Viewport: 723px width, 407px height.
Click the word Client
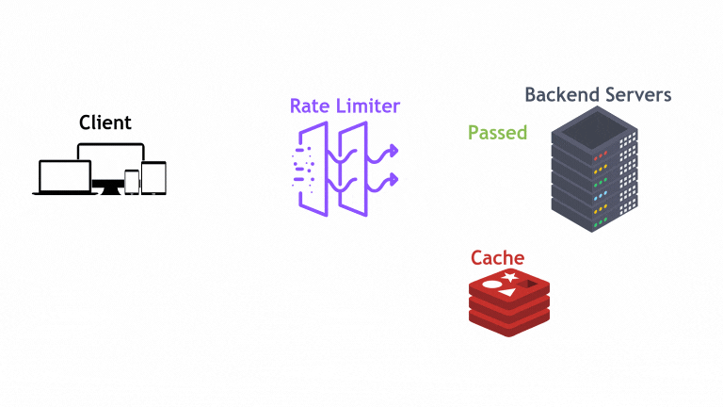point(104,122)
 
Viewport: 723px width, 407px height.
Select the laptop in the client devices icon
point(65,177)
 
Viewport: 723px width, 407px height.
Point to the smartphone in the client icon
point(132,182)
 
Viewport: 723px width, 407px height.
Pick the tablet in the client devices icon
point(153,177)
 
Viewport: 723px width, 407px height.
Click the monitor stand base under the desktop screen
point(111,191)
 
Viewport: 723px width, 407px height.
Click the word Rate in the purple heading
point(311,106)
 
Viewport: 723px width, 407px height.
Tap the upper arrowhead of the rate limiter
point(393,150)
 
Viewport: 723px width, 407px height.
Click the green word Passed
point(497,133)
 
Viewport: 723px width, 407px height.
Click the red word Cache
point(497,258)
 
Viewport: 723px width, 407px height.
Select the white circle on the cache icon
point(491,285)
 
